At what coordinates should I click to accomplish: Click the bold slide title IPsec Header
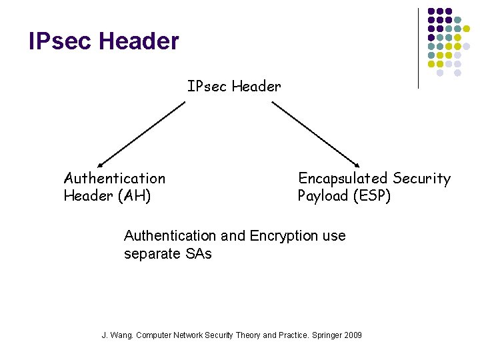click(104, 42)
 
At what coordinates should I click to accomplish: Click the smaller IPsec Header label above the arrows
click(234, 86)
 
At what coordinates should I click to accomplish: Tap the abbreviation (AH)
click(134, 196)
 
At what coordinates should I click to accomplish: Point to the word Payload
click(323, 196)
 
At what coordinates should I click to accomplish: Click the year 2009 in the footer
click(353, 335)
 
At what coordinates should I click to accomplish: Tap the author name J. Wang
click(117, 335)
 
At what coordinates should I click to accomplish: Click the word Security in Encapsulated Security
click(421, 179)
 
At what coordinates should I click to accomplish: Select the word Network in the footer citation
click(189, 335)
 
